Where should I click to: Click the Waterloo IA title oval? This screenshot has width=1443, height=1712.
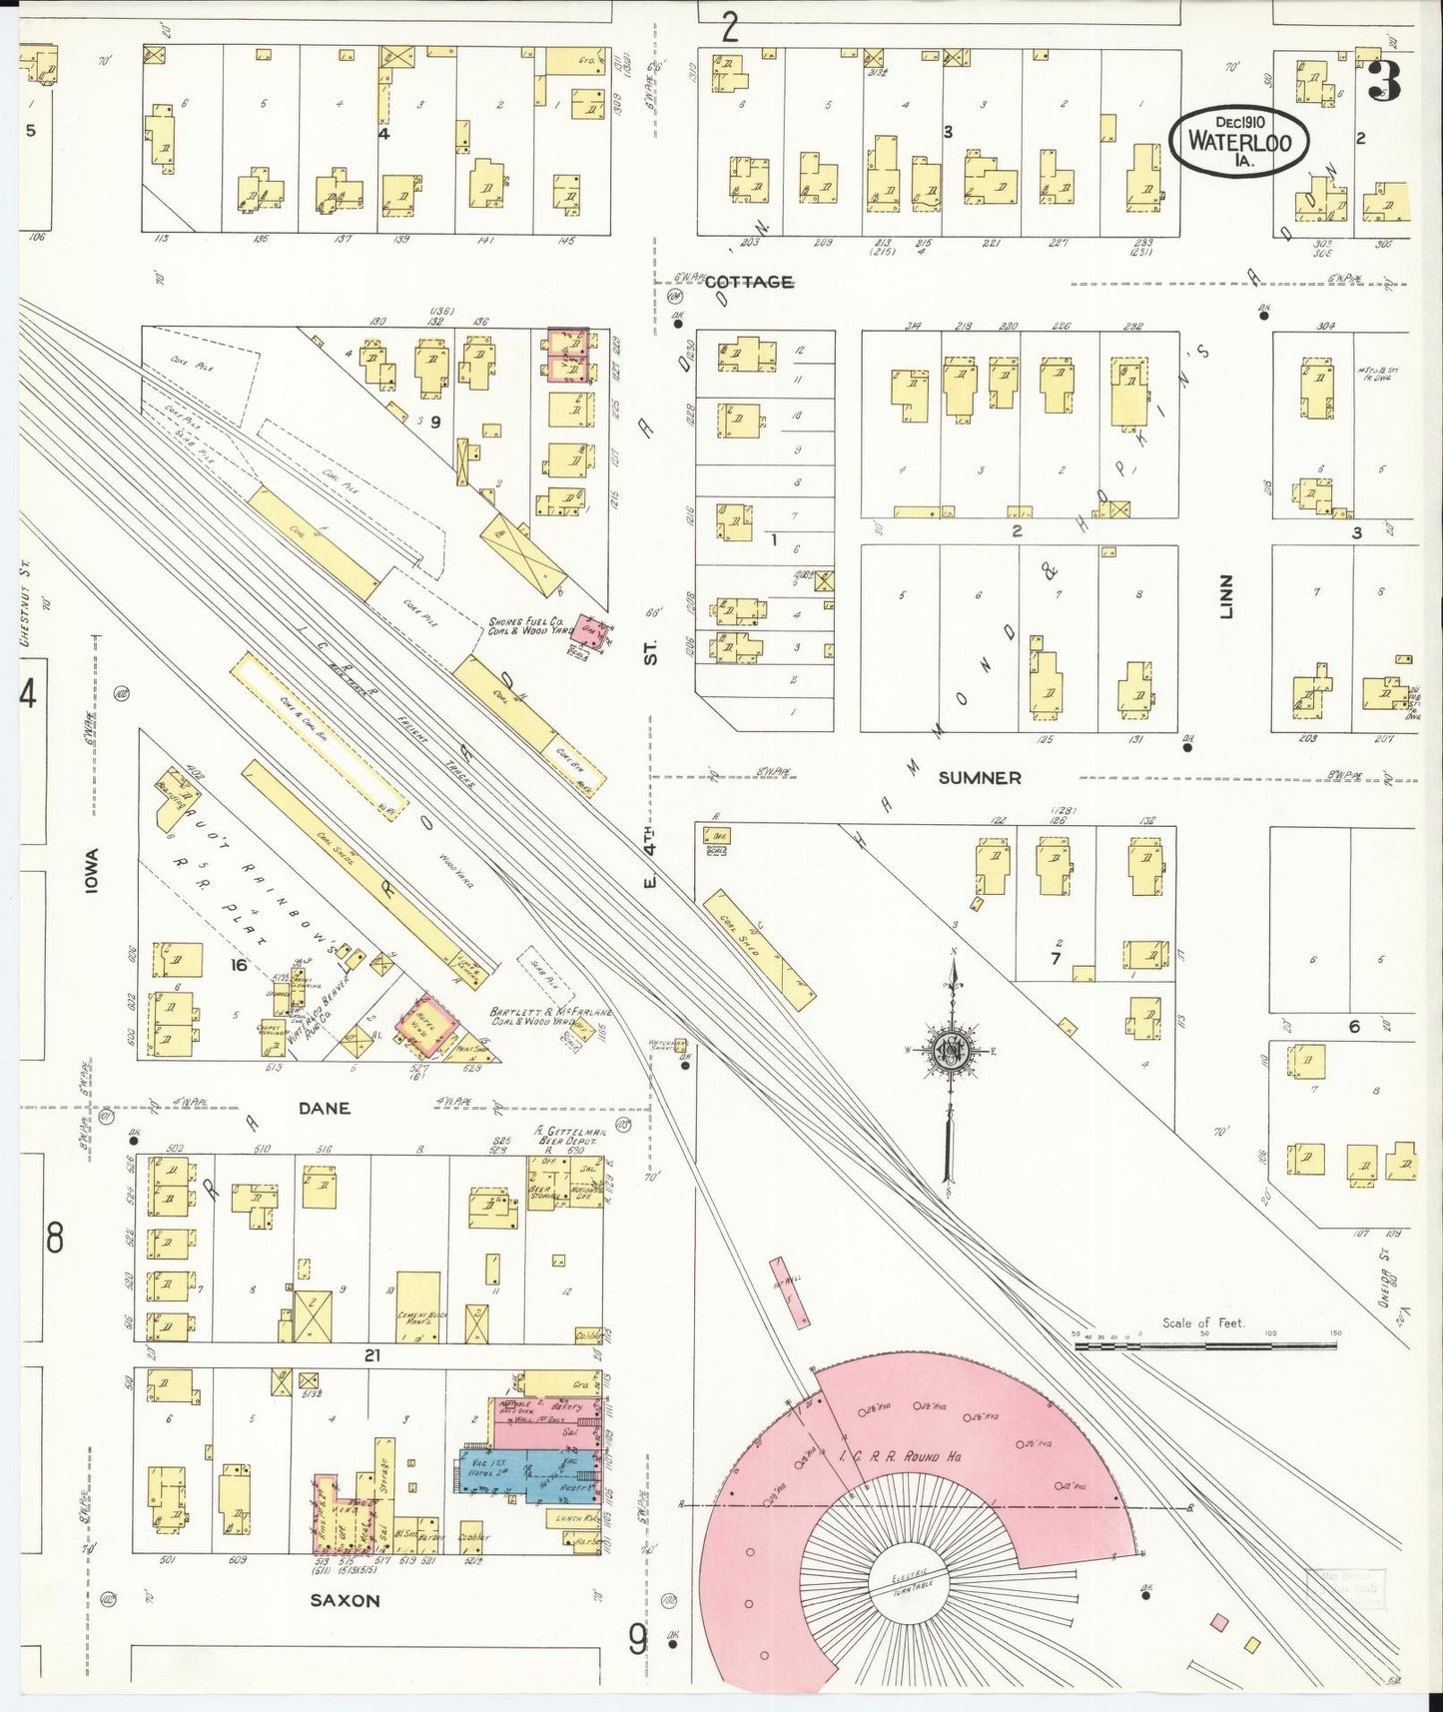[x=1239, y=141]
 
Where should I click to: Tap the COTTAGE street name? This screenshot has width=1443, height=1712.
[x=748, y=283]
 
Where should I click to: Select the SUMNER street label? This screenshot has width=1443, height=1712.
[x=978, y=777]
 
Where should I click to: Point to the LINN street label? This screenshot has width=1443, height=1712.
[x=1227, y=596]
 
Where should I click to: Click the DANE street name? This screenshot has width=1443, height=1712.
[x=324, y=1108]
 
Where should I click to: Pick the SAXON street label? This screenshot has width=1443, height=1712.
[x=345, y=1600]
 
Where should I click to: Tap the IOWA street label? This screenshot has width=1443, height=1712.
[x=92, y=869]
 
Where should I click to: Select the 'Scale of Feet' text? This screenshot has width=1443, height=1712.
[x=1202, y=1322]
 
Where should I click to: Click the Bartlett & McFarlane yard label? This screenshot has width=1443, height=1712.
[x=550, y=1017]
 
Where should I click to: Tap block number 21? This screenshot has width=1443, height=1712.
[x=371, y=1355]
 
